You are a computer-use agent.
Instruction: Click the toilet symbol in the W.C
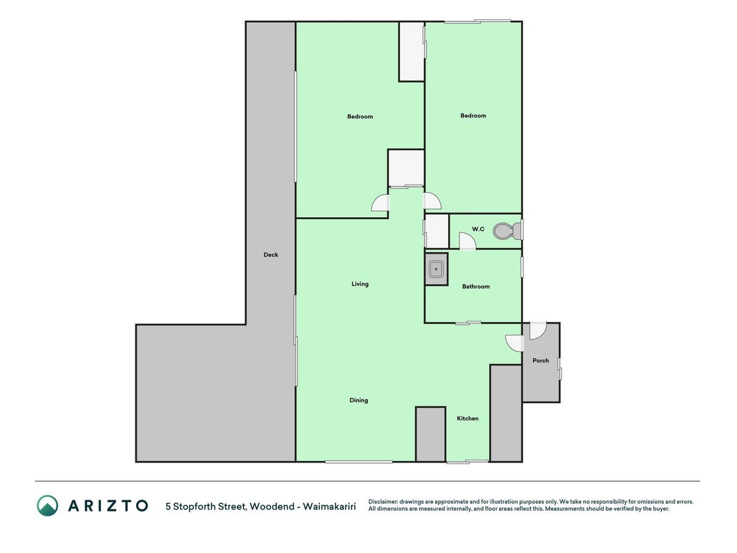[507, 231]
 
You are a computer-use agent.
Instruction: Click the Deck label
[271, 255]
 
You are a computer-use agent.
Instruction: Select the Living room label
[360, 284]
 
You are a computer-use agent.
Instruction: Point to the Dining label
[358, 400]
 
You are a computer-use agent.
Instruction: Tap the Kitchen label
[468, 418]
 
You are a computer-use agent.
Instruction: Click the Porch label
[541, 361]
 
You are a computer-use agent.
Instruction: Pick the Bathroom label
[476, 286]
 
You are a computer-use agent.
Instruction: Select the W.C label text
[478, 229]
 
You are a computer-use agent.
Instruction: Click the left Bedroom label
[360, 117]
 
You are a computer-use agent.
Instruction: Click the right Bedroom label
[473, 115]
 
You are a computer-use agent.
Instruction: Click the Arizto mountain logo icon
[48, 505]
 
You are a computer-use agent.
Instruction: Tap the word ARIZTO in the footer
[108, 506]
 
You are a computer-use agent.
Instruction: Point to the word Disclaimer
[383, 502]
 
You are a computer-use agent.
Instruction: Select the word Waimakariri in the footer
[329, 507]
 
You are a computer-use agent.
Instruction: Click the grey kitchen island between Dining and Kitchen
[430, 434]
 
